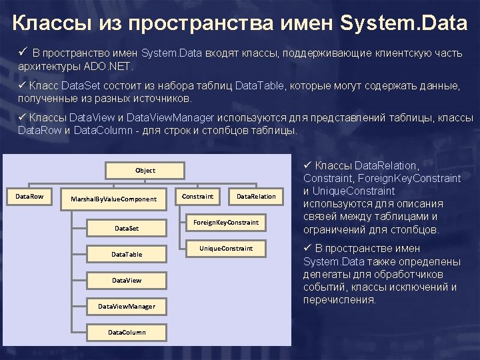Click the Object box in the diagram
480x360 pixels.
(x=145, y=171)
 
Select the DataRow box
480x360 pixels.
(x=29, y=197)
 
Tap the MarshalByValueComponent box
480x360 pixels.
(x=113, y=199)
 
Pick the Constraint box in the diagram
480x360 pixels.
(x=198, y=197)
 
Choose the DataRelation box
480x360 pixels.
(x=256, y=197)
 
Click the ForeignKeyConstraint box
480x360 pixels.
(x=226, y=222)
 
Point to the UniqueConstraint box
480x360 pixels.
(x=226, y=249)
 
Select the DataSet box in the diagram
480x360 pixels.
(x=127, y=228)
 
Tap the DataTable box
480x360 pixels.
(x=127, y=254)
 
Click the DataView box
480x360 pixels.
(x=127, y=280)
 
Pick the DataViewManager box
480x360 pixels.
(x=127, y=306)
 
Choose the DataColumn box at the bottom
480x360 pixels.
(x=127, y=332)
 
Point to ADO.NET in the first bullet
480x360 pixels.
(x=109, y=67)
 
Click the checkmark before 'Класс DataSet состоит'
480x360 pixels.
(x=23, y=85)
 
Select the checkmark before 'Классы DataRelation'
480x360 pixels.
(x=308, y=165)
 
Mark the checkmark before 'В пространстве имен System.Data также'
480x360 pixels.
(x=308, y=248)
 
